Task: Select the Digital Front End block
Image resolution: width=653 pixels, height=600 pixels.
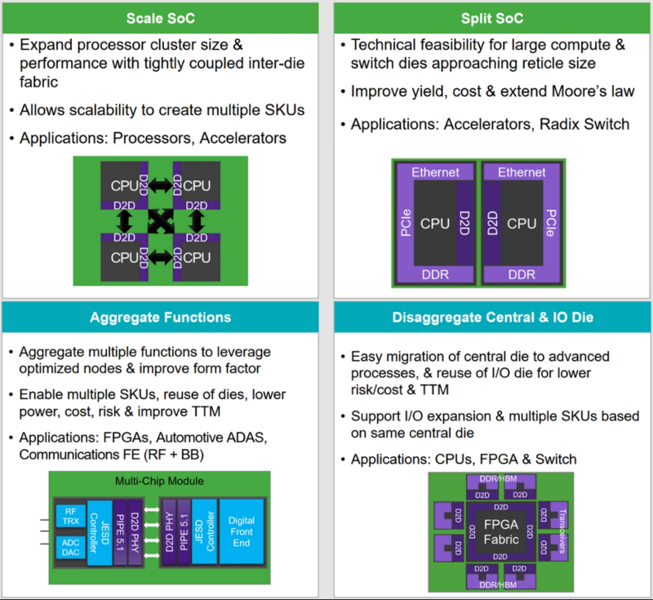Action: (x=242, y=531)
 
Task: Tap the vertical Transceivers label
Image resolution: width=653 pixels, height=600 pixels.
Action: (x=562, y=528)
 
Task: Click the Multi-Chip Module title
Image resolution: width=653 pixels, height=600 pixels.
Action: (x=159, y=481)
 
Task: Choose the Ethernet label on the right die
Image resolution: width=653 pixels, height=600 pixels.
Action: (x=522, y=172)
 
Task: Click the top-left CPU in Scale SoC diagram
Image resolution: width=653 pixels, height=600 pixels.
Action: (x=122, y=186)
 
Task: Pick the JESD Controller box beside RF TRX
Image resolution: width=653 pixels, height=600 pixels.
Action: (x=99, y=531)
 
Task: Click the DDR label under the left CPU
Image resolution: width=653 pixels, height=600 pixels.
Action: (x=435, y=275)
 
